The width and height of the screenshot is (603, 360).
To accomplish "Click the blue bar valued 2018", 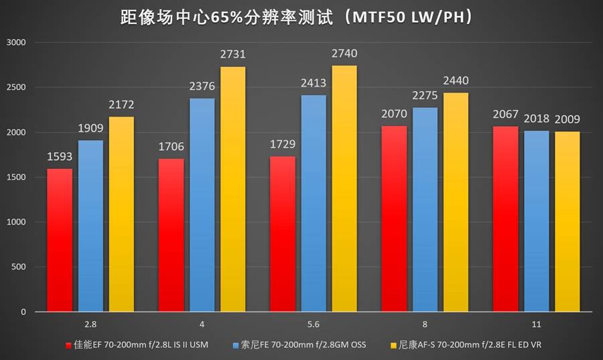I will [536, 221].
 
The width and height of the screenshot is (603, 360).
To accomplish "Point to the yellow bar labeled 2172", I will [121, 214].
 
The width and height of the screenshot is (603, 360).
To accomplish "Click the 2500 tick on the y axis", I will [15, 87].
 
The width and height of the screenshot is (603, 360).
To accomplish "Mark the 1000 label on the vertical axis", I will [15, 222].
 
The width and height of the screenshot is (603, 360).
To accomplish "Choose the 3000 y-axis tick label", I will [15, 42].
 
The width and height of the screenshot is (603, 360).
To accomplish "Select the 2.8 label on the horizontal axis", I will [90, 324].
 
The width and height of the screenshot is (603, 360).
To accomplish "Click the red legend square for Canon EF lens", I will [69, 345].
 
